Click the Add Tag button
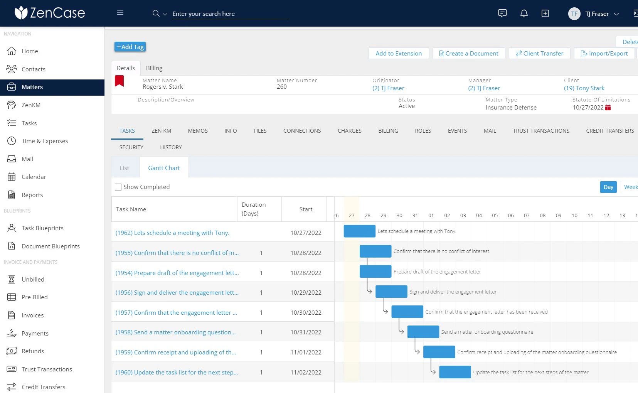coord(130,47)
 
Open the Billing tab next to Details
coord(154,68)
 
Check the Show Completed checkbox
coord(118,187)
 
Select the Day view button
coord(608,187)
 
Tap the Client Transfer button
coord(539,54)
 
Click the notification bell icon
coord(524,13)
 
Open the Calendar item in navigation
coord(34,177)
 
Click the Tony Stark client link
coord(584,88)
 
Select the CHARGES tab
coord(349,131)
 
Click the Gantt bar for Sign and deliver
coord(391,292)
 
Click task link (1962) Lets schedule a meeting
coord(172,233)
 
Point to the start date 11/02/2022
coord(306,373)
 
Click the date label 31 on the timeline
coord(415,216)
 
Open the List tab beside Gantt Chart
coord(125,168)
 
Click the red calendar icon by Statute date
coord(608,108)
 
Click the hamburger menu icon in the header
coord(120,13)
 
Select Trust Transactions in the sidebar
coord(47,369)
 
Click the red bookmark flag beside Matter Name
coord(120,81)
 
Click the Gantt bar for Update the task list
coord(455,372)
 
